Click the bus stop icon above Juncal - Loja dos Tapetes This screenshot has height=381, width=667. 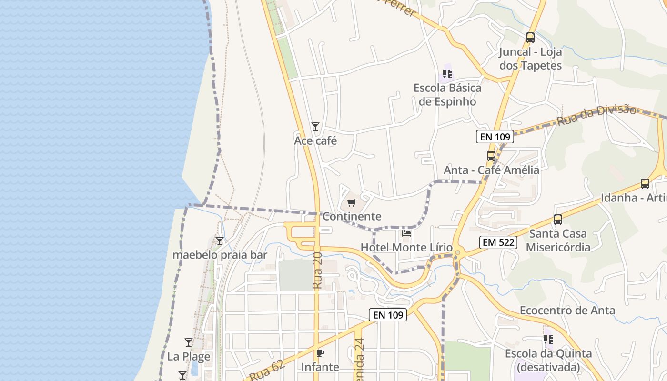530,37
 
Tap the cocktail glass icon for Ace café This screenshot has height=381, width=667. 315,127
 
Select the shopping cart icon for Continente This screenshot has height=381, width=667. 352,203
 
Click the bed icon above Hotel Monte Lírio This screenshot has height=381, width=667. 406,233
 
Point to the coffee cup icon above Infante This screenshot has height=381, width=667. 320,353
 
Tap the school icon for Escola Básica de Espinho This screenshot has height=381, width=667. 447,74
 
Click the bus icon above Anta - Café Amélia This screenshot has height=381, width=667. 491,156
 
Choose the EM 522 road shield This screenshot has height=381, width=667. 498,242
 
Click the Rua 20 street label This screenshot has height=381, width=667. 318,271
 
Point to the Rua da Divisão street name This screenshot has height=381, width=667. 596,116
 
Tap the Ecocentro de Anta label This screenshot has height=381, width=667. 567,311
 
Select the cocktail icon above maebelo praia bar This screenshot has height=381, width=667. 220,241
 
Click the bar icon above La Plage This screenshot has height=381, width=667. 189,342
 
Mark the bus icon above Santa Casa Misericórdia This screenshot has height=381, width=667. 557,220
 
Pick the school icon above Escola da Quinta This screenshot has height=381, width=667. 548,340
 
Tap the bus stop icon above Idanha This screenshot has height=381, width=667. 645,184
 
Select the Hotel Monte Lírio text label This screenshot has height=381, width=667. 406,247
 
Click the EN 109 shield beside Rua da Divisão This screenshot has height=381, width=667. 495,137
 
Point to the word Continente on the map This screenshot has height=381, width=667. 352,216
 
